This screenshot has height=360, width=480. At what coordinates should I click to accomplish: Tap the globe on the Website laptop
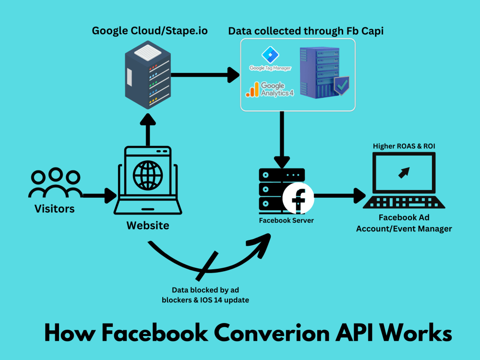[x=148, y=175]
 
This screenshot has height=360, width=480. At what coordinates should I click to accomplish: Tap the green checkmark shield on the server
[x=341, y=85]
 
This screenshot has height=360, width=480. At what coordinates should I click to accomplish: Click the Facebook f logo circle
[x=298, y=198]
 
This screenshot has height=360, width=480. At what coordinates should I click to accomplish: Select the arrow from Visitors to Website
[x=98, y=195]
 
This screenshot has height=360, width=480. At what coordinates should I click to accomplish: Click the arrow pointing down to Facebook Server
[x=283, y=139]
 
